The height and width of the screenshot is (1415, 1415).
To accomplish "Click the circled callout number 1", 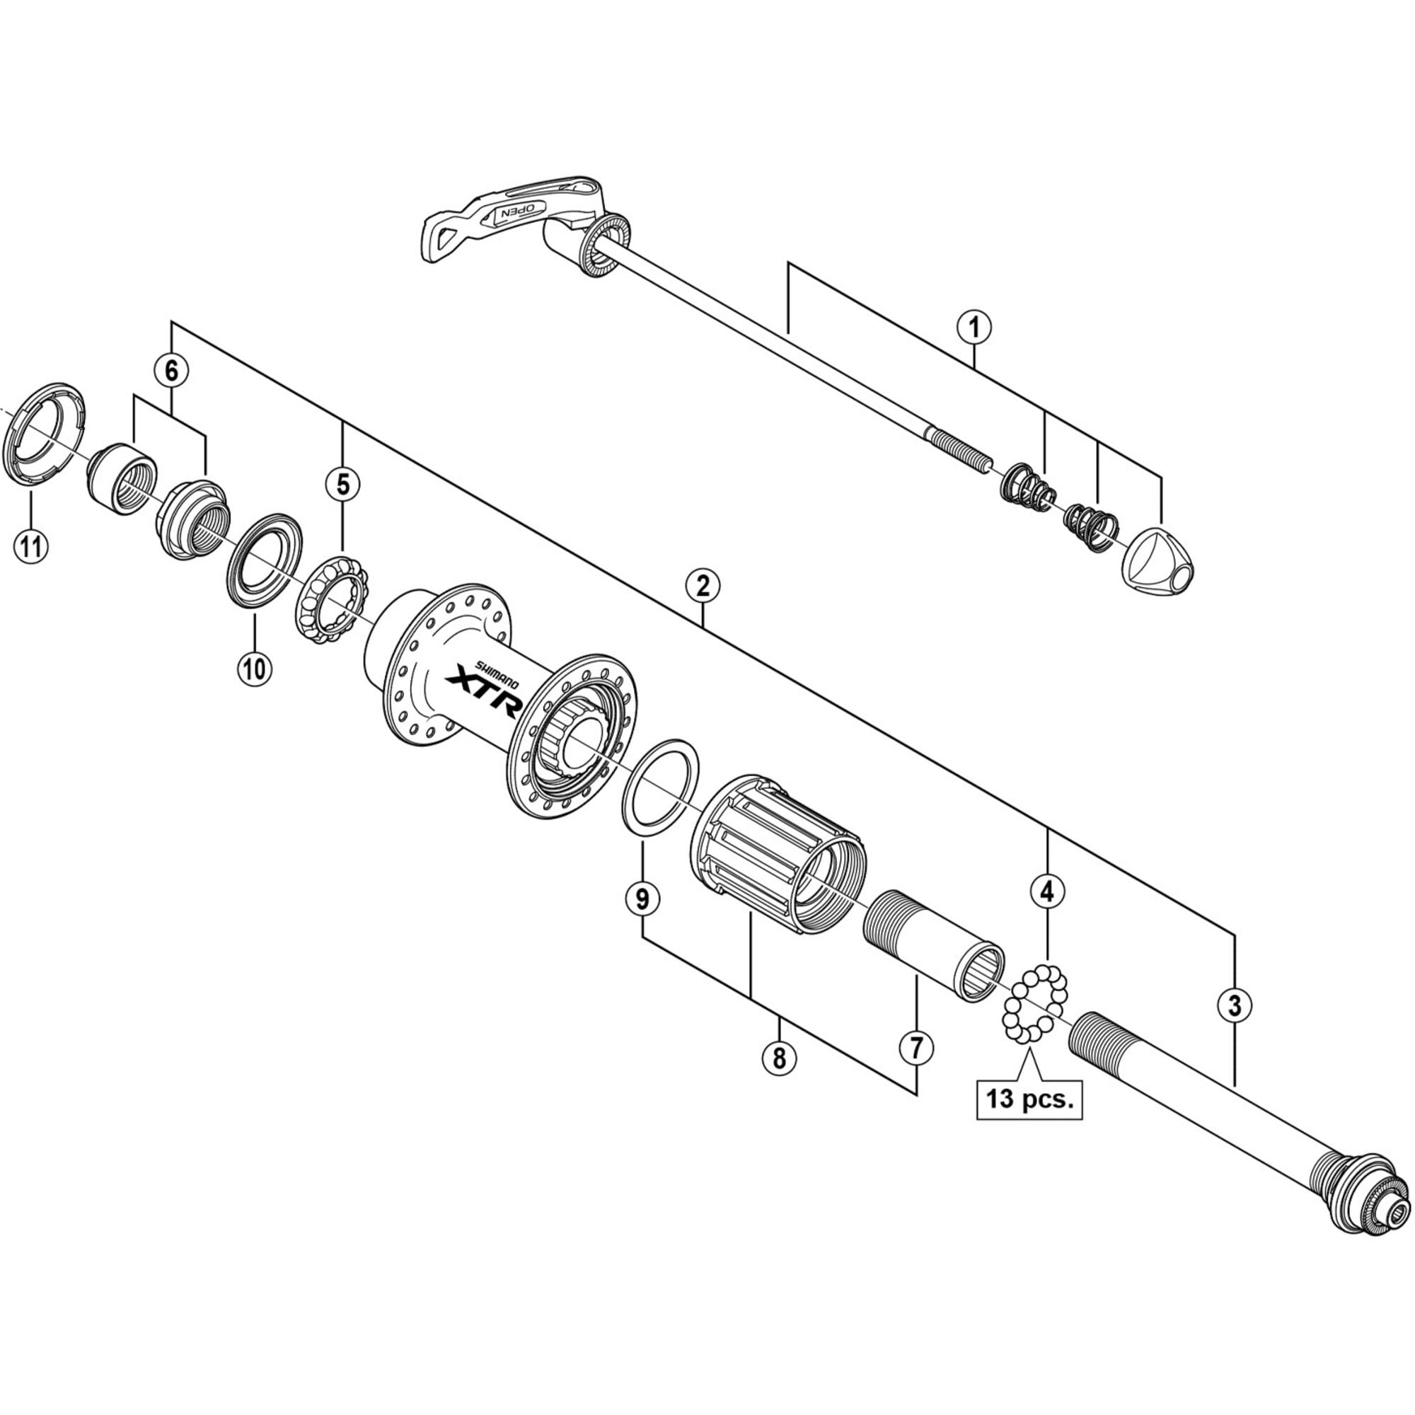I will click(x=974, y=328).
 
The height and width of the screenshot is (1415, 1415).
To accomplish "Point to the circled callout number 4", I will click(x=1047, y=891).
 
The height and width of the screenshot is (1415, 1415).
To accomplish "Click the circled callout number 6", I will click(x=171, y=371).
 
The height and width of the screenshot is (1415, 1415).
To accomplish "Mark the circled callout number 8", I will click(x=778, y=1058).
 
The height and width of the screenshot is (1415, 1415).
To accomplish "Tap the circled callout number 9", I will click(x=642, y=899).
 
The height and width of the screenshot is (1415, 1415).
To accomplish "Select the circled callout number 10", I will click(x=254, y=668).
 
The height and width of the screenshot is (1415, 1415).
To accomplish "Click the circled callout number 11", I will click(x=30, y=545).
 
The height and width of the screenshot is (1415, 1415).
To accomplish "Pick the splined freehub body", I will click(x=778, y=853).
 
